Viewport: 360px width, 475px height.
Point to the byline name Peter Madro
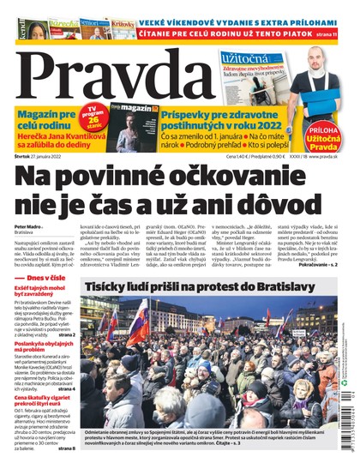[27, 227]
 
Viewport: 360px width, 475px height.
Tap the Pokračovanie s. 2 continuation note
[323, 262]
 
